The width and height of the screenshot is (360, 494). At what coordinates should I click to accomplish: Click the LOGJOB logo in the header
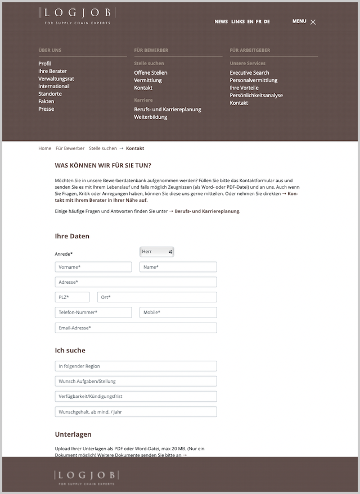(78, 15)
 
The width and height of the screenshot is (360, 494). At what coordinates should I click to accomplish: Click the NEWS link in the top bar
(221, 21)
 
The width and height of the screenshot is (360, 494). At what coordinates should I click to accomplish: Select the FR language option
(258, 21)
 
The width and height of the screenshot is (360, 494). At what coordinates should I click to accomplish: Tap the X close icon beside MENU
(313, 22)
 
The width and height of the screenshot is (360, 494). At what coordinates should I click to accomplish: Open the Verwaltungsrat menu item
(56, 79)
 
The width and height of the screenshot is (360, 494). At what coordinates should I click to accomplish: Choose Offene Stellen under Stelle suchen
(150, 72)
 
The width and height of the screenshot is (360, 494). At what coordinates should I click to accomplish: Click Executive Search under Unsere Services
(249, 72)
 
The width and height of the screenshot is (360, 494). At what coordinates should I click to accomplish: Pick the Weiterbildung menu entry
(150, 117)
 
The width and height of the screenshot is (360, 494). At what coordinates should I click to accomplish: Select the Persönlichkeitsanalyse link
(256, 95)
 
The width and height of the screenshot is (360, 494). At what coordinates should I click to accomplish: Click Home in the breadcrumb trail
(44, 148)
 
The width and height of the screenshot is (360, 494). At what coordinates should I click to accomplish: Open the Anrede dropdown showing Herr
(156, 252)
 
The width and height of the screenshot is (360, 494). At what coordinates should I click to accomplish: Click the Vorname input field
(93, 267)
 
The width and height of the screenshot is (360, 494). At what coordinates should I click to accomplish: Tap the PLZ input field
(72, 297)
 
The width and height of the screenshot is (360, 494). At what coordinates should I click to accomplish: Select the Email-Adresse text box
(136, 328)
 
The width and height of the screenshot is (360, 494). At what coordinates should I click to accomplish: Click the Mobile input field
(178, 312)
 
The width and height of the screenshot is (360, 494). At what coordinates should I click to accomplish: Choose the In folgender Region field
(136, 366)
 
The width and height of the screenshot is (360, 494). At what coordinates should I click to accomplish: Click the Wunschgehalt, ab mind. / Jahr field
(136, 412)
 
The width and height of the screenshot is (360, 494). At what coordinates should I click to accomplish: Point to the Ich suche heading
(70, 350)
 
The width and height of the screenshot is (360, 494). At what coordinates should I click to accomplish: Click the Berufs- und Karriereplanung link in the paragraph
(207, 211)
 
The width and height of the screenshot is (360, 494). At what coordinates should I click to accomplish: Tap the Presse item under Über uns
(46, 109)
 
